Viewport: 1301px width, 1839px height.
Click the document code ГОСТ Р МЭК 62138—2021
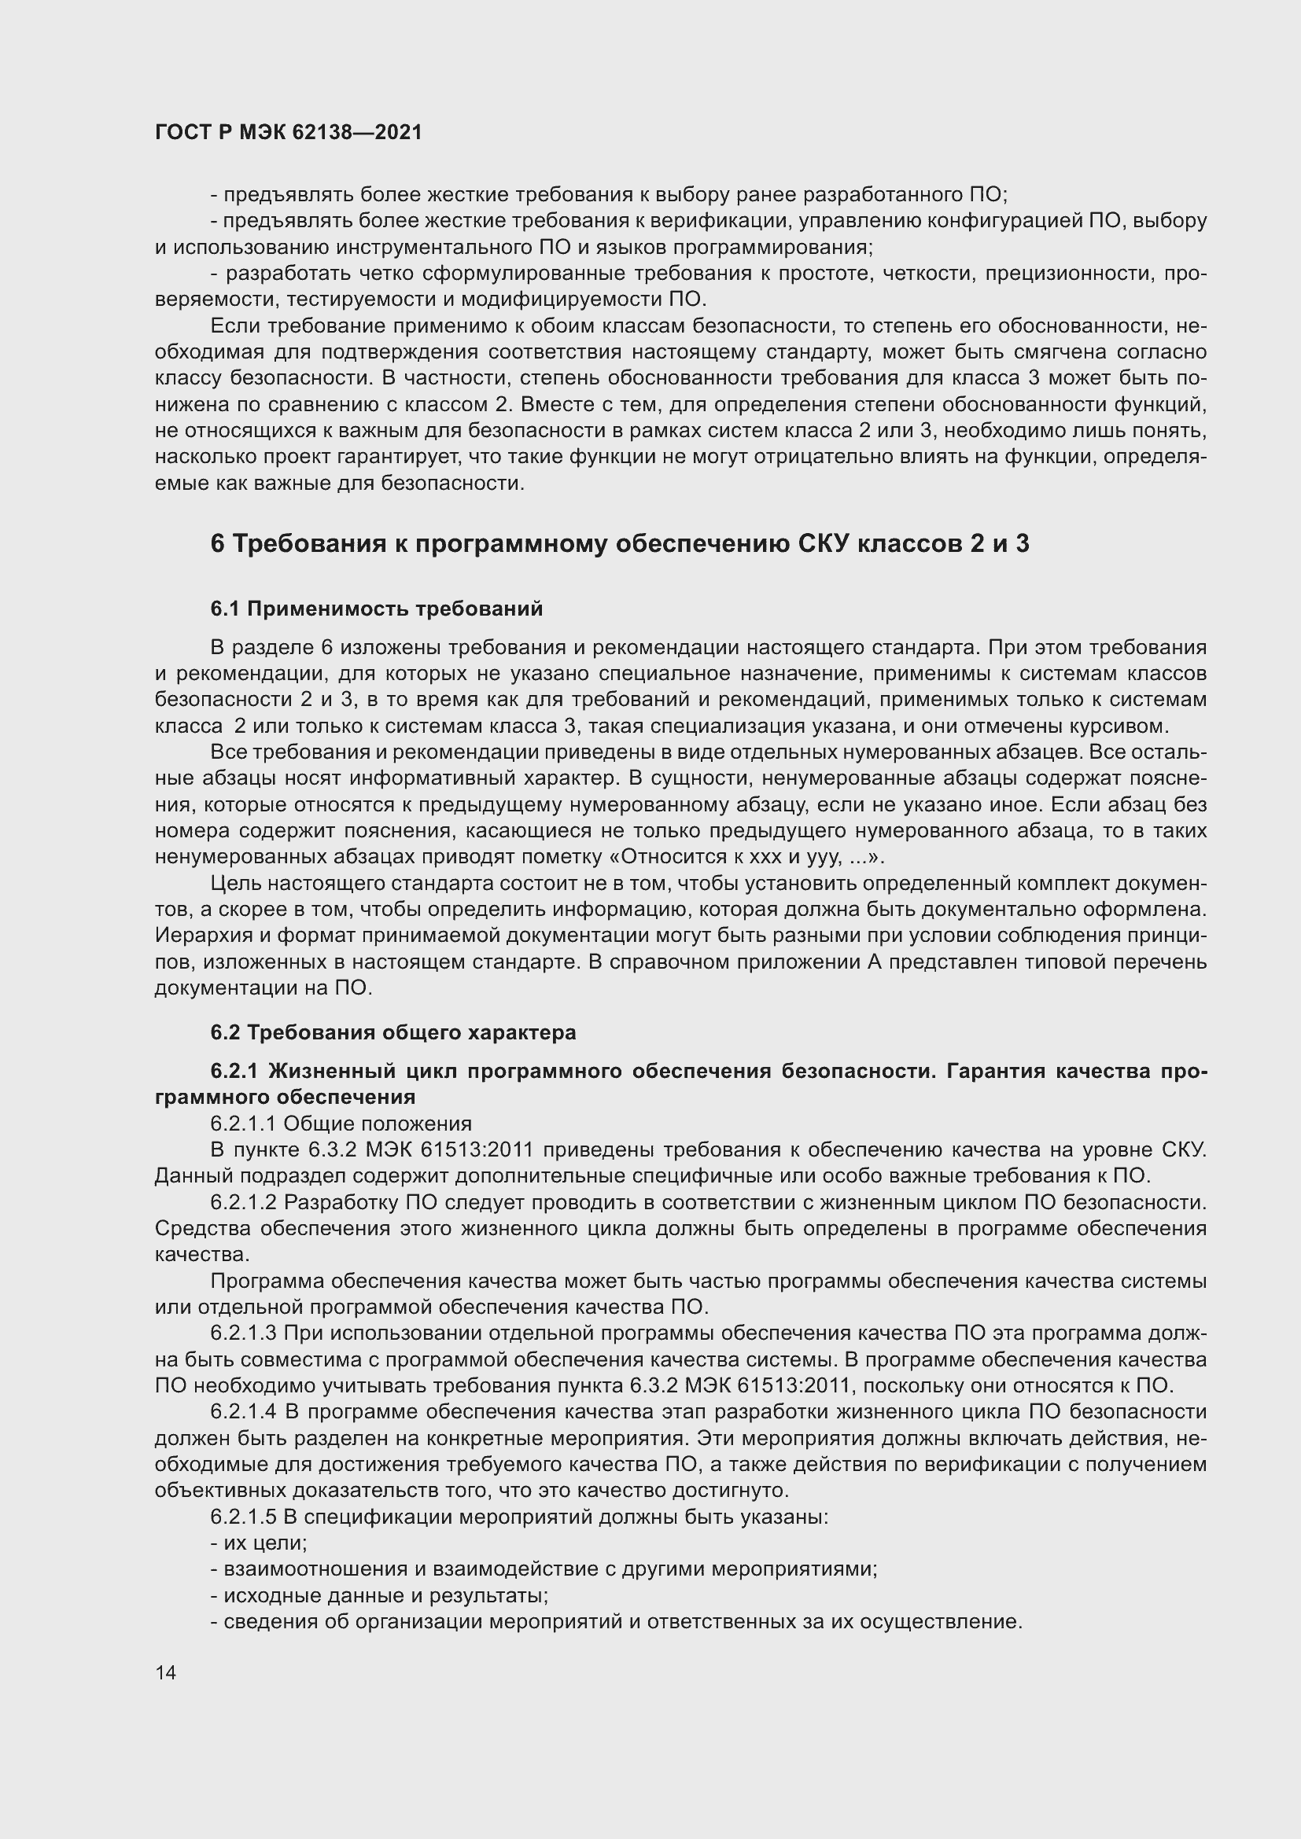[x=288, y=133]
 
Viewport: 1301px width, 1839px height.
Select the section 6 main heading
[x=619, y=544]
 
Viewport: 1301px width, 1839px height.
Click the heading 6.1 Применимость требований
[x=377, y=609]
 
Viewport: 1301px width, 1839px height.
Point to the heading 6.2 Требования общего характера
[x=393, y=1032]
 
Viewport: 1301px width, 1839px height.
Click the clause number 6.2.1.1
[x=244, y=1124]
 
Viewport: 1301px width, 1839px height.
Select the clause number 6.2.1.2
[x=244, y=1202]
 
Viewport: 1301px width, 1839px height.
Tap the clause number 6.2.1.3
[x=244, y=1333]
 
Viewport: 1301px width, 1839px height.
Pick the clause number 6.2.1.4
[x=244, y=1411]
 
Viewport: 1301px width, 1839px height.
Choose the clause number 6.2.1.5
[x=244, y=1517]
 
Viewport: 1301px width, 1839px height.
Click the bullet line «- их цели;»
[x=259, y=1543]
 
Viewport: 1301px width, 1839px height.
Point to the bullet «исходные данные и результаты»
[x=385, y=1595]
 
